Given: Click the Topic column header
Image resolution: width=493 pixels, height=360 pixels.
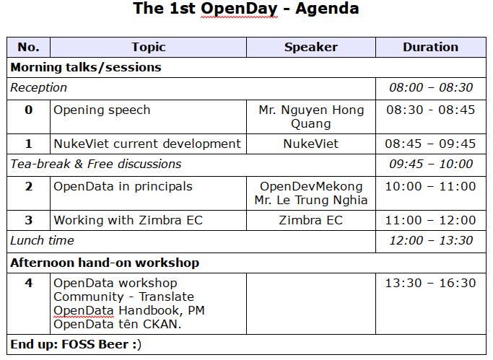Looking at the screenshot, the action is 149,47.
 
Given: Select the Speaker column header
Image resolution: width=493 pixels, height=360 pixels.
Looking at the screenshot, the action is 311,47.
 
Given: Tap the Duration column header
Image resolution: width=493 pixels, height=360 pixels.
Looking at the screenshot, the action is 431,47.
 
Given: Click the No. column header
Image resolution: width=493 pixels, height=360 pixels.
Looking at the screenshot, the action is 29,47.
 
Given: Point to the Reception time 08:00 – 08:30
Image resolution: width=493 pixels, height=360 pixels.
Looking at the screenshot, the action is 431,87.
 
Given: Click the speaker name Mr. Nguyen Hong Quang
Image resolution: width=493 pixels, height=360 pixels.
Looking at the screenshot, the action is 311,117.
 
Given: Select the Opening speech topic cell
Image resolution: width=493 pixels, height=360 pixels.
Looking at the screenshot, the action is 102,110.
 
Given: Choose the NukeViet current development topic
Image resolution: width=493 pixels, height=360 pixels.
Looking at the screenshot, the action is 147,144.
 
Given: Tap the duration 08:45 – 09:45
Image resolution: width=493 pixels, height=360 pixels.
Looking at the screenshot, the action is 431,144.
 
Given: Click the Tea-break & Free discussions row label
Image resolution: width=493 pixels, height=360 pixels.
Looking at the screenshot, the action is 96,164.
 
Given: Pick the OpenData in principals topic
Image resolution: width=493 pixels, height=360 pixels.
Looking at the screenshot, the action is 123,187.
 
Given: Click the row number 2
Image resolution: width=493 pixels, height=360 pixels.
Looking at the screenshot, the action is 29,187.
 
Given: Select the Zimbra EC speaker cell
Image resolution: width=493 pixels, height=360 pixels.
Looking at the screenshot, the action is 311,220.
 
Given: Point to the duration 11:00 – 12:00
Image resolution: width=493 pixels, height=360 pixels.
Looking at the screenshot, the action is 431,220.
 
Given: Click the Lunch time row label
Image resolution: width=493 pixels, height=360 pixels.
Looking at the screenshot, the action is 42,241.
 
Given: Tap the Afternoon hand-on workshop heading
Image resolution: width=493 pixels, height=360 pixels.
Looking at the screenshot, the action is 105,263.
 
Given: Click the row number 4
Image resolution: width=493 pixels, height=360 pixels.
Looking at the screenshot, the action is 29,283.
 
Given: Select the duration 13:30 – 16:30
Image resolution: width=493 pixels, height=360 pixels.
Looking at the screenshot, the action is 431,283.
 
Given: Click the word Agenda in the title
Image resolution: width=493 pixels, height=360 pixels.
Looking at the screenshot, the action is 327,9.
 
